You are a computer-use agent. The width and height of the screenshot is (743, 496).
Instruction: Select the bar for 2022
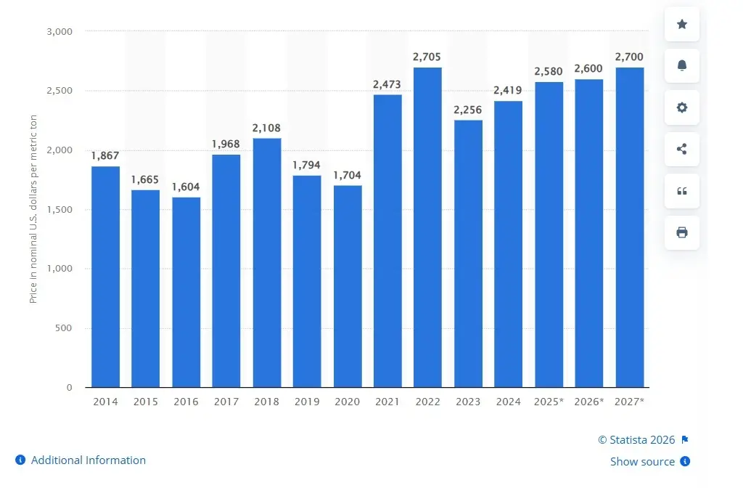point(427,227)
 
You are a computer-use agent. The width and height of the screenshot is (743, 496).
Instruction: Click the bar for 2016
point(186,292)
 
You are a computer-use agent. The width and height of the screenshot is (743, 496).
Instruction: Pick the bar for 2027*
point(629,227)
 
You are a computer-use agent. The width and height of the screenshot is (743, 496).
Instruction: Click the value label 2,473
point(387,85)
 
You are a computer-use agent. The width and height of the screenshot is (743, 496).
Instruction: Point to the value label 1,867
point(105,155)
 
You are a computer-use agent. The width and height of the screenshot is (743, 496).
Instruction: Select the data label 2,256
point(468,110)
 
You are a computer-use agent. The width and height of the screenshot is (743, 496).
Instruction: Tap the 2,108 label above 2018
point(266,128)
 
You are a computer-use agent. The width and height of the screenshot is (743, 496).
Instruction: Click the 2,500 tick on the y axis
point(59,91)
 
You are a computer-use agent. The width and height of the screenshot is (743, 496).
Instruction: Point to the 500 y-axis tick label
point(65,328)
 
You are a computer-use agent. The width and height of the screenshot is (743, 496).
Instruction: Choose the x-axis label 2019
point(307,402)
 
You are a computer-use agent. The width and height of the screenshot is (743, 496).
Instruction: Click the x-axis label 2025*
point(549,402)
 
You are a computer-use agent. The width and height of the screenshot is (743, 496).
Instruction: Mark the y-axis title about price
point(33,209)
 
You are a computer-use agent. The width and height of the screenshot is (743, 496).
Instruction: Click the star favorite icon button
point(682,25)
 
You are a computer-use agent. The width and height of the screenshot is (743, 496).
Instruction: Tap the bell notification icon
point(682,66)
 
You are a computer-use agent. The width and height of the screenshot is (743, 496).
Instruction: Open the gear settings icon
point(682,107)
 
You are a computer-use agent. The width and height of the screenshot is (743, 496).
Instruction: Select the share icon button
point(682,150)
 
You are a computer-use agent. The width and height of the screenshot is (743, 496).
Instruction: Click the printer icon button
point(682,232)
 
